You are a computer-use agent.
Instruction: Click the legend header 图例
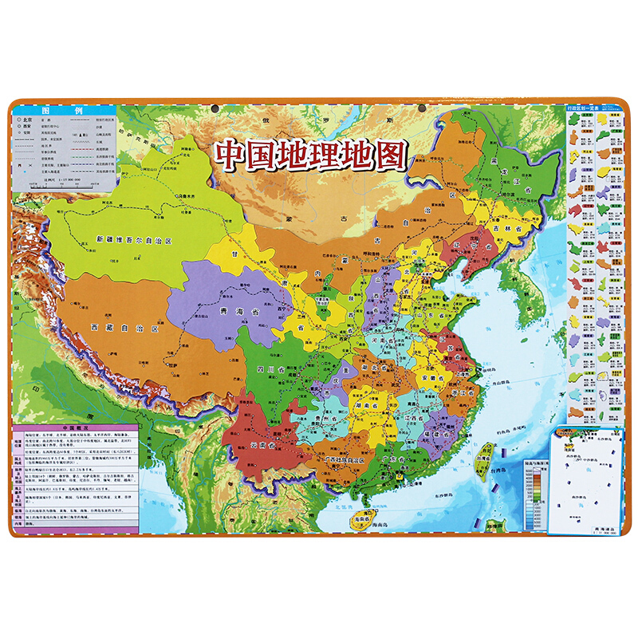(64, 112)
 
